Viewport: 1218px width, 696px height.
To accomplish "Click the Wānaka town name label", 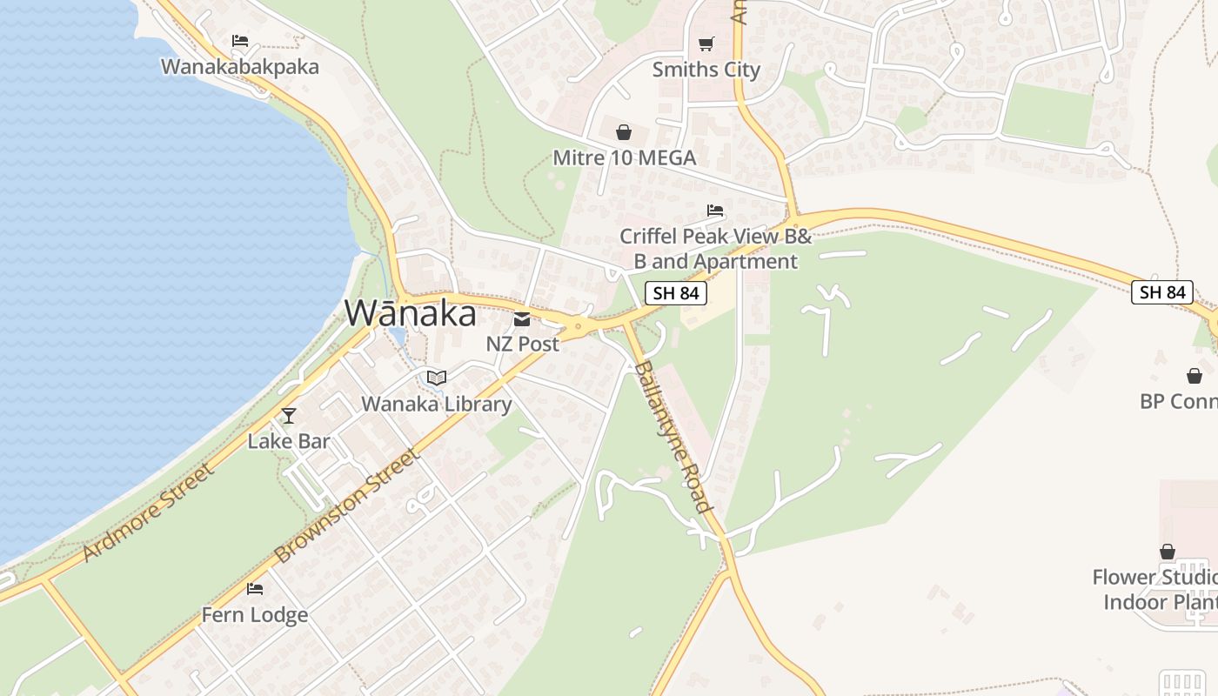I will [411, 313].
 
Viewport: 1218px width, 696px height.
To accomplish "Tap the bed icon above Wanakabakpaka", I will [240, 41].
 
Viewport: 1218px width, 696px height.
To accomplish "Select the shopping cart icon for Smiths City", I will [706, 43].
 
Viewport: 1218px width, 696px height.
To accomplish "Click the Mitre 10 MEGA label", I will [625, 157].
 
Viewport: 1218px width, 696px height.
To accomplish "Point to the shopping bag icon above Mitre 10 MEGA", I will [624, 132].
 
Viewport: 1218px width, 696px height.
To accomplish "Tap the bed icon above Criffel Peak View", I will [715, 211].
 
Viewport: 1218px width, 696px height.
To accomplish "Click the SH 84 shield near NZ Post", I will [676, 293].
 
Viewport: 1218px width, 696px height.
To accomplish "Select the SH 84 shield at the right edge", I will [1162, 292].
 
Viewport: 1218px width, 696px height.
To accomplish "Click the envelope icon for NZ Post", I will [522, 319].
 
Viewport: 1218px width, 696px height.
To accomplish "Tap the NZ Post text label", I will [522, 344].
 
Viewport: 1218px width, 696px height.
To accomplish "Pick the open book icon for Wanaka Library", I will [437, 378].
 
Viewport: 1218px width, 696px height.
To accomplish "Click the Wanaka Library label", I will [437, 404].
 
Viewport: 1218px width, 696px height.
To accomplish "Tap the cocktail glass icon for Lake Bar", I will [289, 416].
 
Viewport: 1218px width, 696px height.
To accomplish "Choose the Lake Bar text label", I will [289, 441].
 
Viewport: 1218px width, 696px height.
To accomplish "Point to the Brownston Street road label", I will [347, 505].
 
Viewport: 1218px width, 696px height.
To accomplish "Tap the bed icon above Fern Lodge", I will [255, 589].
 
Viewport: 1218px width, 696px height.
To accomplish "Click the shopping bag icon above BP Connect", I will [1195, 376].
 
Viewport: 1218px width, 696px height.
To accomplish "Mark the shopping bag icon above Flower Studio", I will [1168, 552].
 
